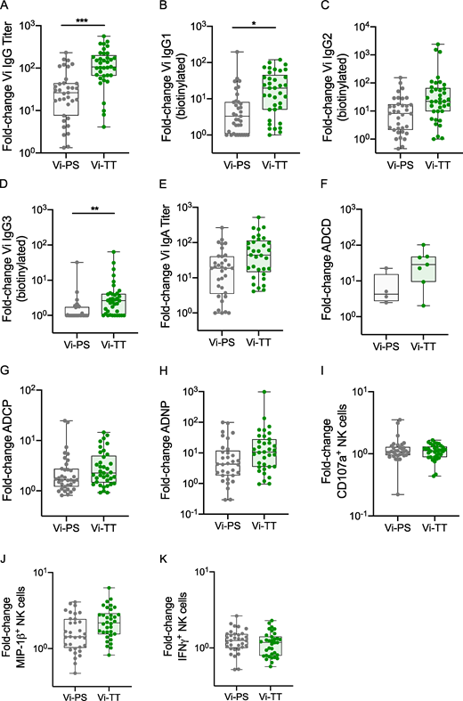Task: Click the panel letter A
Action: pyautogui.click(x=7, y=8)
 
